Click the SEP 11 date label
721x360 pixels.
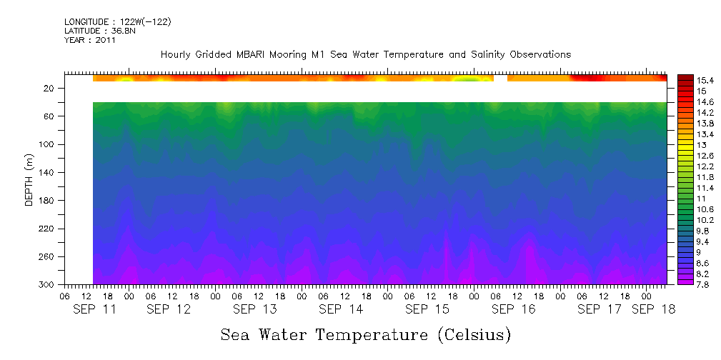click(x=96, y=309)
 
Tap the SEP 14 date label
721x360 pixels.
click(x=341, y=309)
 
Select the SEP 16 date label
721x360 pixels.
click(x=513, y=309)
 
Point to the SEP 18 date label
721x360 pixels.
click(x=652, y=309)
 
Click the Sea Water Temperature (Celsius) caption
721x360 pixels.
click(x=366, y=334)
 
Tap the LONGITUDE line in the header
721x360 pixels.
click(x=117, y=22)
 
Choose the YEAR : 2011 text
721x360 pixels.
click(x=89, y=40)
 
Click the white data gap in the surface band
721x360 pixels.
click(x=500, y=78)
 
